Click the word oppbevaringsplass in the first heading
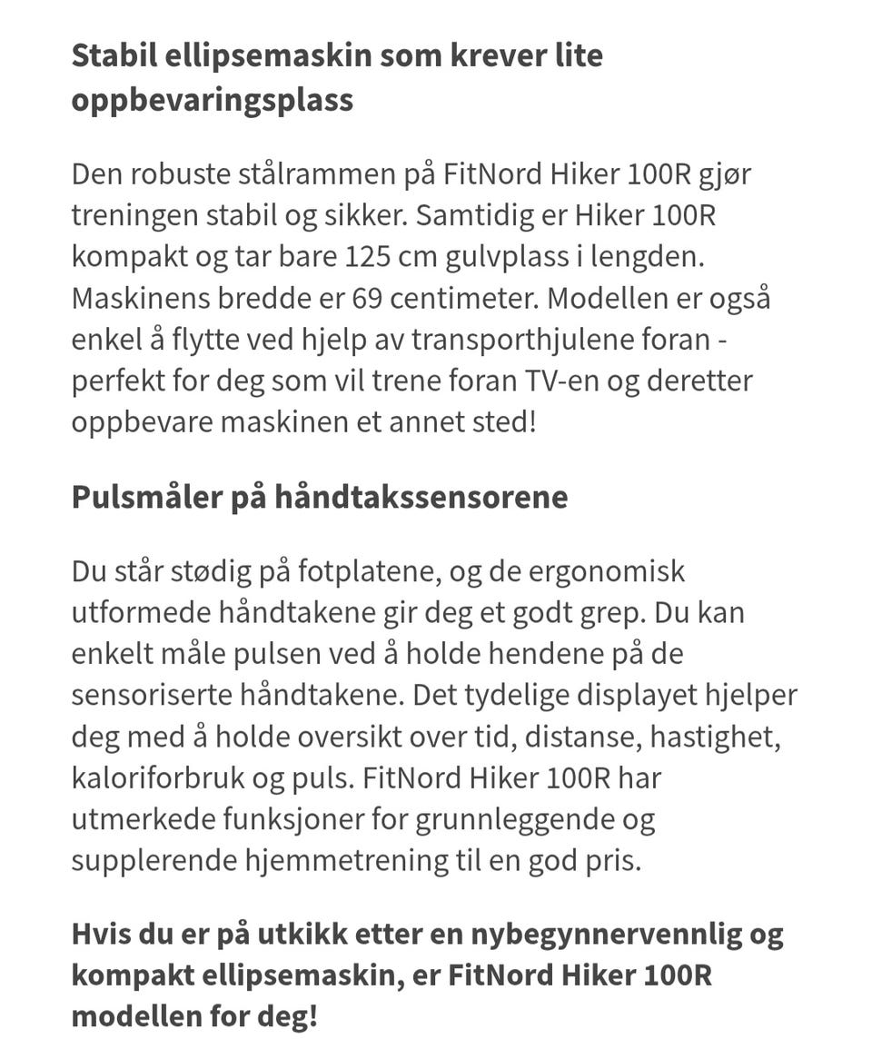click(x=212, y=99)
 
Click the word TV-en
click(x=562, y=381)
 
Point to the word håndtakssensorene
click(x=421, y=497)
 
